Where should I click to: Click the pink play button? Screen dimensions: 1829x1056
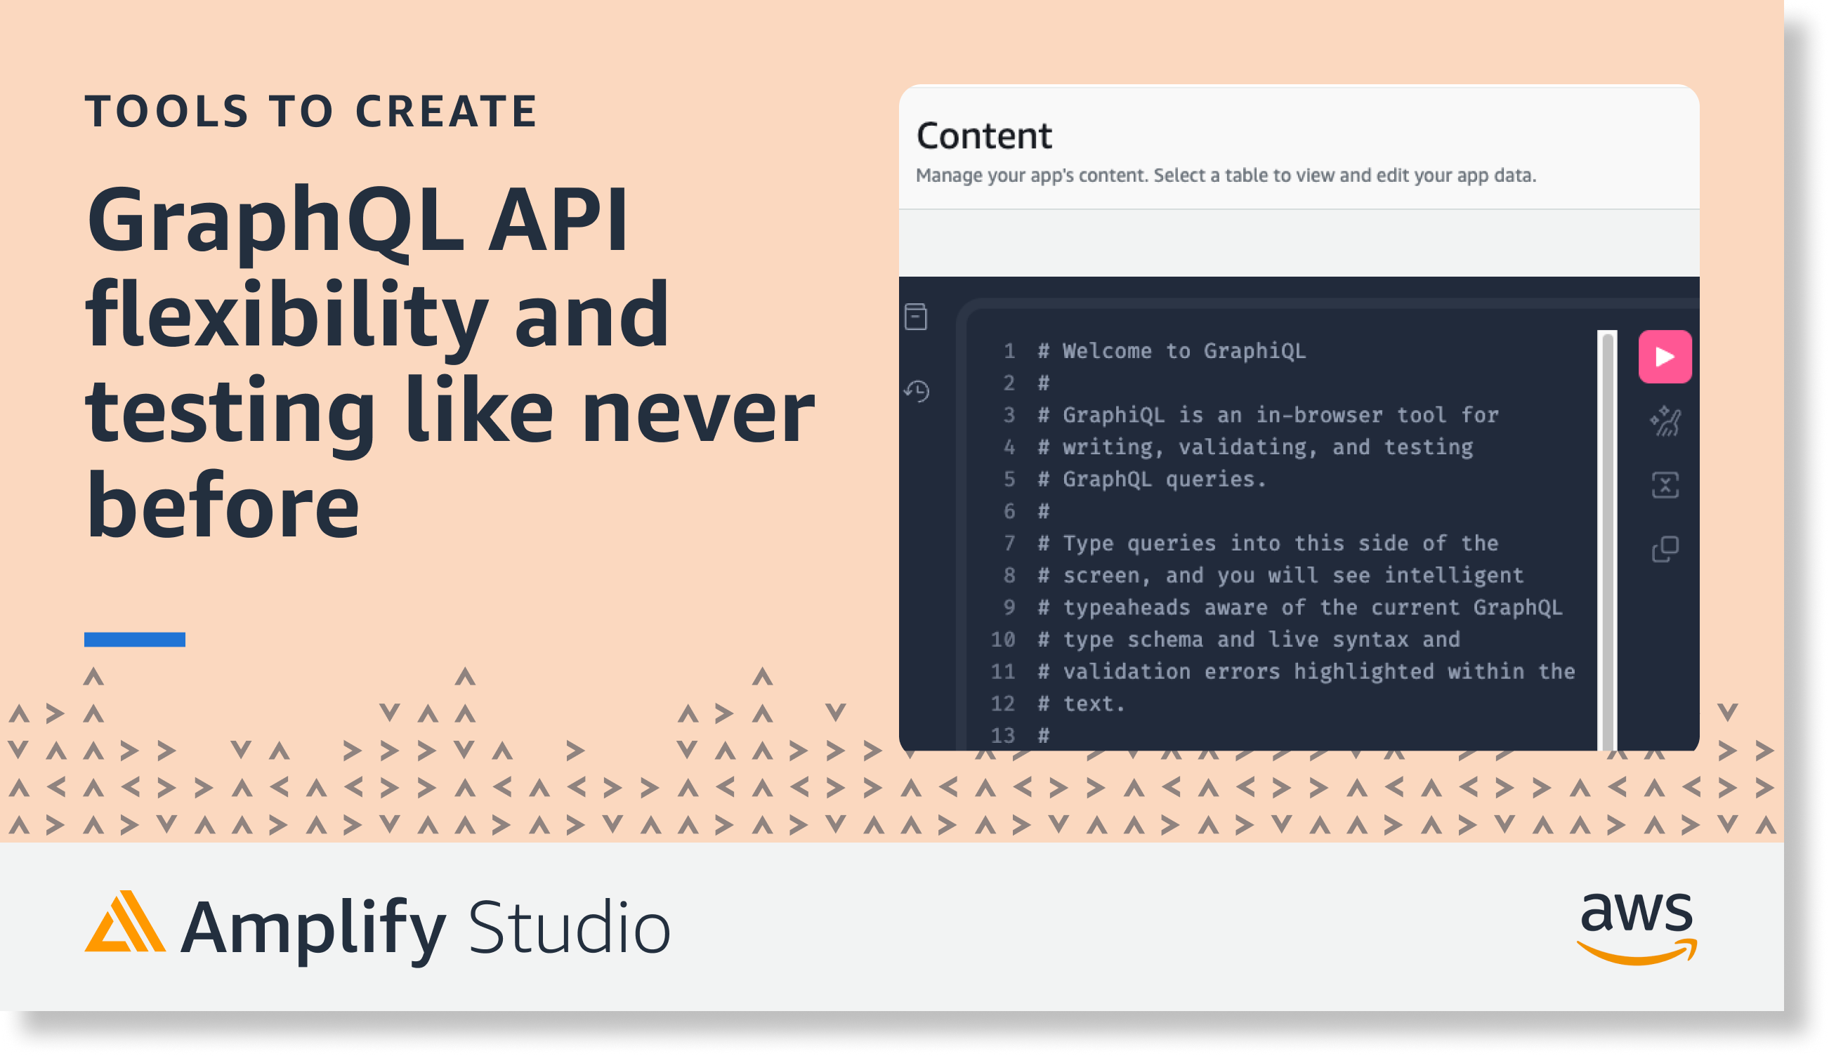1665,356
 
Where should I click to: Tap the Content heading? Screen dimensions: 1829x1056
984,136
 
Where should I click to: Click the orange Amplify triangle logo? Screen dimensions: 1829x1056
125,921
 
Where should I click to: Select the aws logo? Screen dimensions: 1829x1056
1637,929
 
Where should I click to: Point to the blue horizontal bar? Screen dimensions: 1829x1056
134,639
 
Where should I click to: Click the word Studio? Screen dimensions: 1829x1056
570,928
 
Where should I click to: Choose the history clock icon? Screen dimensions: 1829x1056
917,391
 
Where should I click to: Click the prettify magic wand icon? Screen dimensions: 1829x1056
1665,421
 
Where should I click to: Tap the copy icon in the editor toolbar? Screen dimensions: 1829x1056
1665,549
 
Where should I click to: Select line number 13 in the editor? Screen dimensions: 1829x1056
1003,735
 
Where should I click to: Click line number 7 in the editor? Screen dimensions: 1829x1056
1009,543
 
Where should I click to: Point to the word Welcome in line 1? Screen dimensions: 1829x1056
1107,351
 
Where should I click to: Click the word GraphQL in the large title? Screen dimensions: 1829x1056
275,219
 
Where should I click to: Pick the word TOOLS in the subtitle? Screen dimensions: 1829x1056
167,111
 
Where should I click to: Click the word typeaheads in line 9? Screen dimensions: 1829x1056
1127,608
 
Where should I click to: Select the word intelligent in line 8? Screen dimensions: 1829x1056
1454,575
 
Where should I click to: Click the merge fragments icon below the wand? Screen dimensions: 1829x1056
1665,485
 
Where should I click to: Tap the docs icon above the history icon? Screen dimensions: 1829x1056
916,316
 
